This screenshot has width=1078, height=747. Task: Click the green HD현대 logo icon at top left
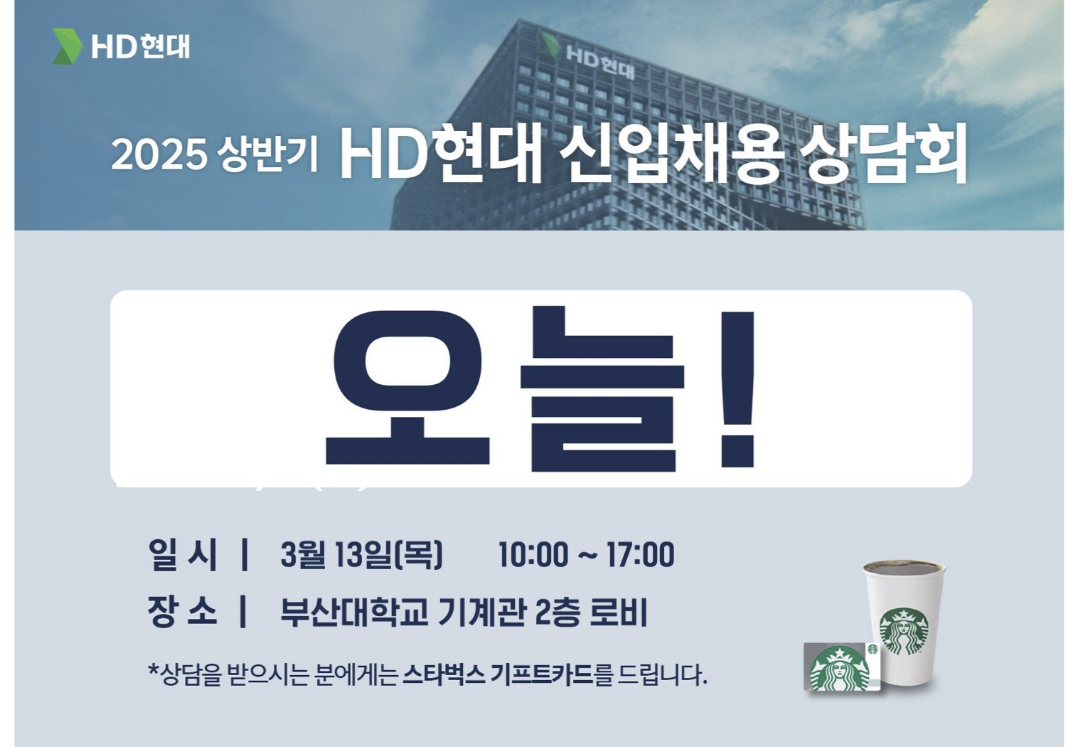point(68,46)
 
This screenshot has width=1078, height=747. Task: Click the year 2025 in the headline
point(159,155)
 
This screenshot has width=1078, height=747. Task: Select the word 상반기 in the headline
point(267,154)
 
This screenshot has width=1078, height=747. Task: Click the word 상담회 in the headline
point(883,154)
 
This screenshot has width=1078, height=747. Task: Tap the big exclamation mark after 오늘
point(737,390)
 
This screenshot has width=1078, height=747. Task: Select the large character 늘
point(602,388)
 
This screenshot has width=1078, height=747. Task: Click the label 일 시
point(183,555)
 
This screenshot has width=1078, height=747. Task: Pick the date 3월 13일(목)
point(361,555)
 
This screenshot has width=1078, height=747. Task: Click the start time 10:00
point(533,555)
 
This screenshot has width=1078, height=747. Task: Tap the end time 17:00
point(640,555)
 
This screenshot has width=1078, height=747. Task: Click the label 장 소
point(183,612)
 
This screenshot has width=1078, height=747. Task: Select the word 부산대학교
point(353,612)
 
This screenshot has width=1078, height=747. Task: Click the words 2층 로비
point(592,612)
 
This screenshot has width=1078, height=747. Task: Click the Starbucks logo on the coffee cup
point(903,632)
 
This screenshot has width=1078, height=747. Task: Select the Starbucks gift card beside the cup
point(842,667)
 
